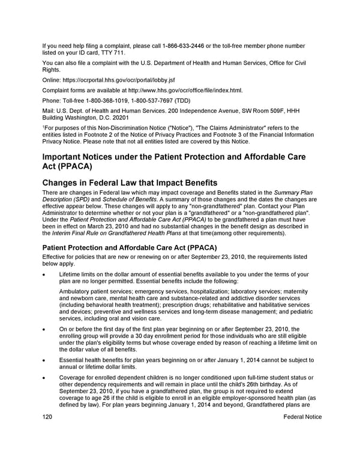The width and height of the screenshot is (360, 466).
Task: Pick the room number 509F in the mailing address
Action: [x=273, y=111]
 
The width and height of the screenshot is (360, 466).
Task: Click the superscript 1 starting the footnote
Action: [x=43, y=127]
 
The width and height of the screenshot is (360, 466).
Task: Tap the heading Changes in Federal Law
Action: [x=130, y=183]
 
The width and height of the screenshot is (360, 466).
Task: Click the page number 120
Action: [x=48, y=417]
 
